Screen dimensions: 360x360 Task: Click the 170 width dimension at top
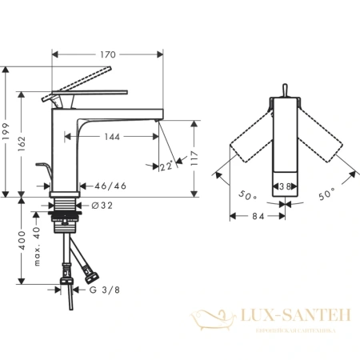tap(107, 54)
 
